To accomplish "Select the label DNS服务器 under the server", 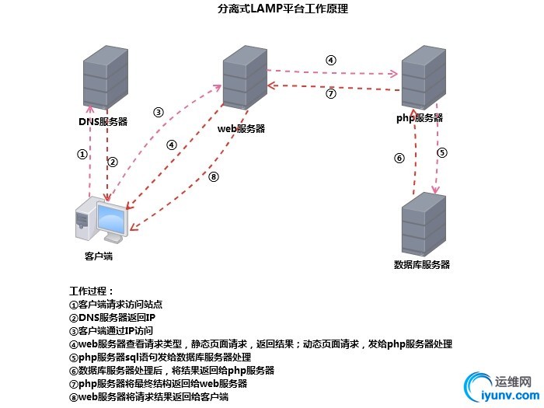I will [x=103, y=122].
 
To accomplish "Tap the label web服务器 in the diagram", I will [x=241, y=128].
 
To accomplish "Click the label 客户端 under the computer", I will [x=99, y=256].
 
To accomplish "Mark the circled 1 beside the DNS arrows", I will [x=82, y=154].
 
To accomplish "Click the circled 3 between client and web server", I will [x=159, y=112].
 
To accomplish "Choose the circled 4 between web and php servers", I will [x=330, y=60].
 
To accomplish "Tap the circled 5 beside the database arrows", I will [x=442, y=152].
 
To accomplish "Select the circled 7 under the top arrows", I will [x=330, y=93].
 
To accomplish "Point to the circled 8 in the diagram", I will [x=214, y=176].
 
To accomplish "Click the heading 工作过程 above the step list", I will [x=92, y=291].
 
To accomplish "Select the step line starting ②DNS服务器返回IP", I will [x=113, y=318].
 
